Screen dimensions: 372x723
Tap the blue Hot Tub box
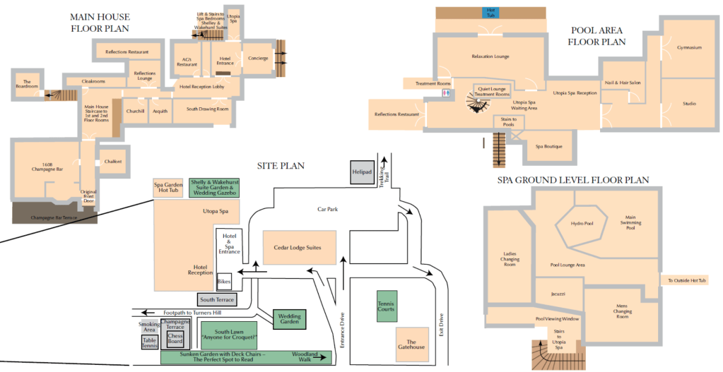pos(490,12)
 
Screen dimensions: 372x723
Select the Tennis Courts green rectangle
pos(386,306)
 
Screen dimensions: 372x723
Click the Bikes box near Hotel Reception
pos(224,281)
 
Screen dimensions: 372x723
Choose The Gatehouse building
pos(411,342)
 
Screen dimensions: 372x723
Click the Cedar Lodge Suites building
pos(298,248)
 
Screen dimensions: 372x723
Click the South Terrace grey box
pos(216,299)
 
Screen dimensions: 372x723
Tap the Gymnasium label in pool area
pos(688,47)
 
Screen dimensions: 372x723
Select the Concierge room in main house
pos(259,58)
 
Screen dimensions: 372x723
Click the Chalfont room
pos(113,162)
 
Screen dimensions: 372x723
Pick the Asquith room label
pos(160,111)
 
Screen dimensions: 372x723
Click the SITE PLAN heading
pos(281,166)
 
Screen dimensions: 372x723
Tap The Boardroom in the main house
pos(27,84)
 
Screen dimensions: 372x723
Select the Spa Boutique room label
pos(548,146)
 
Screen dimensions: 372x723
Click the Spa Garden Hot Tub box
pos(168,188)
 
